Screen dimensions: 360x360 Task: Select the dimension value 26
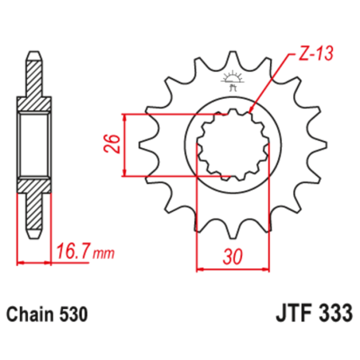[113, 144]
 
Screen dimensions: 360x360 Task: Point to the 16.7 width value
[73, 254]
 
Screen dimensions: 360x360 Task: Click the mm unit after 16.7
[103, 256]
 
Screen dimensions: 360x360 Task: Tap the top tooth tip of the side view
[33, 57]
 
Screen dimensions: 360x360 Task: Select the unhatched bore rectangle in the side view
[33, 145]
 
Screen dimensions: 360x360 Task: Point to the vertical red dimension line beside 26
[127, 145]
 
